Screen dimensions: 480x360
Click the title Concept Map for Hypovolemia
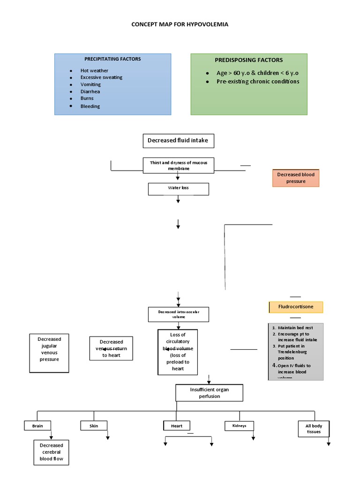pos(180,24)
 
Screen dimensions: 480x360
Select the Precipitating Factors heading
pos(112,59)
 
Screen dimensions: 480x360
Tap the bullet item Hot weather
pos(94,71)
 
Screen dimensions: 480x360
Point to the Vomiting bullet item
pos(90,84)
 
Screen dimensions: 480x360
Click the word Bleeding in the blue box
pos(90,106)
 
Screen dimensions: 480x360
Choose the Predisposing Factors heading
pos(248,60)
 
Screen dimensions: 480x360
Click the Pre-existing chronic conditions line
pos(257,82)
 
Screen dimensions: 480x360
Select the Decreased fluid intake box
pos(178,140)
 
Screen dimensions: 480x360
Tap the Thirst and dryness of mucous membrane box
pos(178,165)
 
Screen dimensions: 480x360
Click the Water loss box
pos(178,188)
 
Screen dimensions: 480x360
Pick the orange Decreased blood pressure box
pos(296,178)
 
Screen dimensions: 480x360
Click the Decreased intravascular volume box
pos(178,314)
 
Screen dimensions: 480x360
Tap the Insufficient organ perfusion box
pos(209,393)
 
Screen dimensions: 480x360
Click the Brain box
pos(37,426)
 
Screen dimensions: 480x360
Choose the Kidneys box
pos(239,426)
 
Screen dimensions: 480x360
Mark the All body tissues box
pos(314,428)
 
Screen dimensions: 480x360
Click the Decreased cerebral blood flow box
pos(51,452)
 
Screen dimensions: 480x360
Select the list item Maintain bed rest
pos(295,327)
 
